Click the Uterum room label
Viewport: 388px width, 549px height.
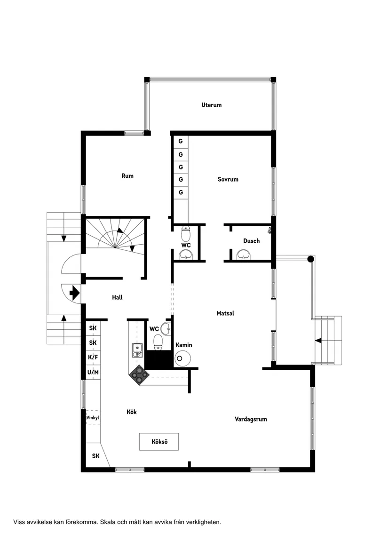tap(211, 105)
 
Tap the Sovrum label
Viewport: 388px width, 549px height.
tap(228, 179)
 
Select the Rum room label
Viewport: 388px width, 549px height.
tap(127, 176)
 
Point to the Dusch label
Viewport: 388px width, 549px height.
tap(251, 241)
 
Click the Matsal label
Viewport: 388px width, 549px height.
tap(225, 313)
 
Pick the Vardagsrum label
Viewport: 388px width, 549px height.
tap(251, 419)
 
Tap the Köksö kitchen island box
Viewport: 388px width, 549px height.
tap(159, 442)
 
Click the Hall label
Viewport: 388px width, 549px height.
tap(117, 297)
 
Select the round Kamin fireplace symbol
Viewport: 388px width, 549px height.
tap(183, 358)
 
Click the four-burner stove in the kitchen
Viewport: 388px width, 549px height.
tap(140, 374)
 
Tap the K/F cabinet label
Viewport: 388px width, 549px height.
tap(93, 357)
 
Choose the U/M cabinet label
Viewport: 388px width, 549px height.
tap(93, 373)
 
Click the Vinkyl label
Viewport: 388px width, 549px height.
tap(93, 417)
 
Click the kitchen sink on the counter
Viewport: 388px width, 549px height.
tap(137, 349)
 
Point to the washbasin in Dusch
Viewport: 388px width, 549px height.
tap(244, 255)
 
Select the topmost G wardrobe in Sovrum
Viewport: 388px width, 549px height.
tap(181, 141)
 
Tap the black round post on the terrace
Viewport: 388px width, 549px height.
tap(310, 259)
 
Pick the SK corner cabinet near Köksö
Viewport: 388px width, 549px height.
tap(95, 456)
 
